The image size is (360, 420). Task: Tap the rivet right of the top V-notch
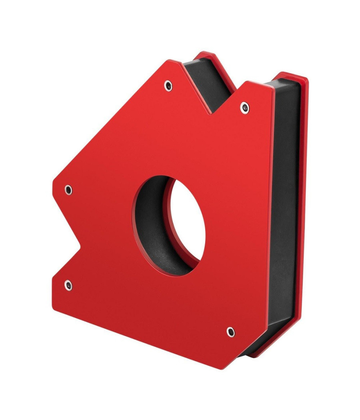coord(244,107)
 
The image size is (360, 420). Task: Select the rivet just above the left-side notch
coord(68,189)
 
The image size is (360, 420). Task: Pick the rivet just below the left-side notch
coord(68,285)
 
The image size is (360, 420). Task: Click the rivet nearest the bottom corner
coord(230,332)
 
